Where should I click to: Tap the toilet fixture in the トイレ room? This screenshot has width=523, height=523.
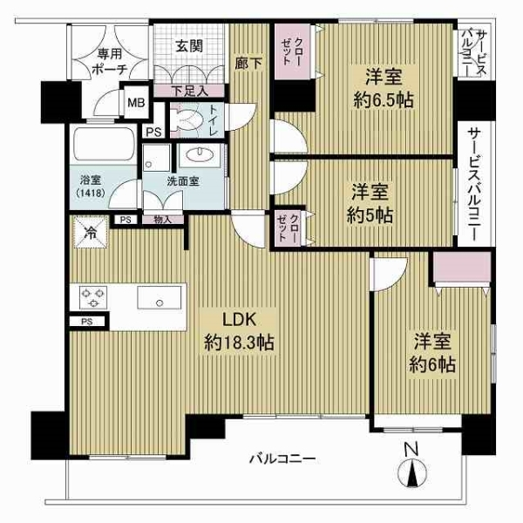184,120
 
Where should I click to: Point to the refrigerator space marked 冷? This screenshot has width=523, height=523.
90,232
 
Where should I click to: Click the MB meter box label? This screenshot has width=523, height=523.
136,102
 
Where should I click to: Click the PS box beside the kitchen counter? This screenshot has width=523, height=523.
86,322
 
